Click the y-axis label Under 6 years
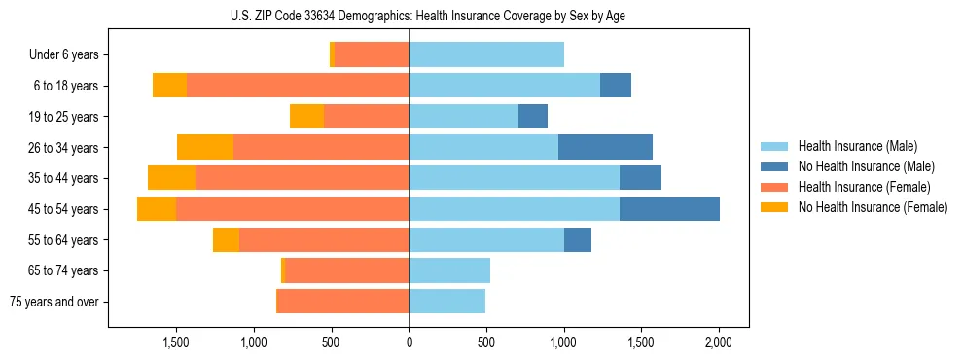pos(63,55)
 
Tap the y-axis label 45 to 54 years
pos(63,209)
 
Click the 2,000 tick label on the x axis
pos(718,343)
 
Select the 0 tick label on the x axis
pos(409,343)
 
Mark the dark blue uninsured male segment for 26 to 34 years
pos(605,147)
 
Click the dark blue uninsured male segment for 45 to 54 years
pos(669,209)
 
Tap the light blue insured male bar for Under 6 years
pos(486,55)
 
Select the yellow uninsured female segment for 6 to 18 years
pos(169,86)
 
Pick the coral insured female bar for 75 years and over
pos(342,302)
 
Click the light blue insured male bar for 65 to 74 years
pos(449,270)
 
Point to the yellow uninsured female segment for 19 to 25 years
pos(306,117)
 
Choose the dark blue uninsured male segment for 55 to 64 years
pos(578,239)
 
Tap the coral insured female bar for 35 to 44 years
pos(302,178)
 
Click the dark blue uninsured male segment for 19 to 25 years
pos(533,117)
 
